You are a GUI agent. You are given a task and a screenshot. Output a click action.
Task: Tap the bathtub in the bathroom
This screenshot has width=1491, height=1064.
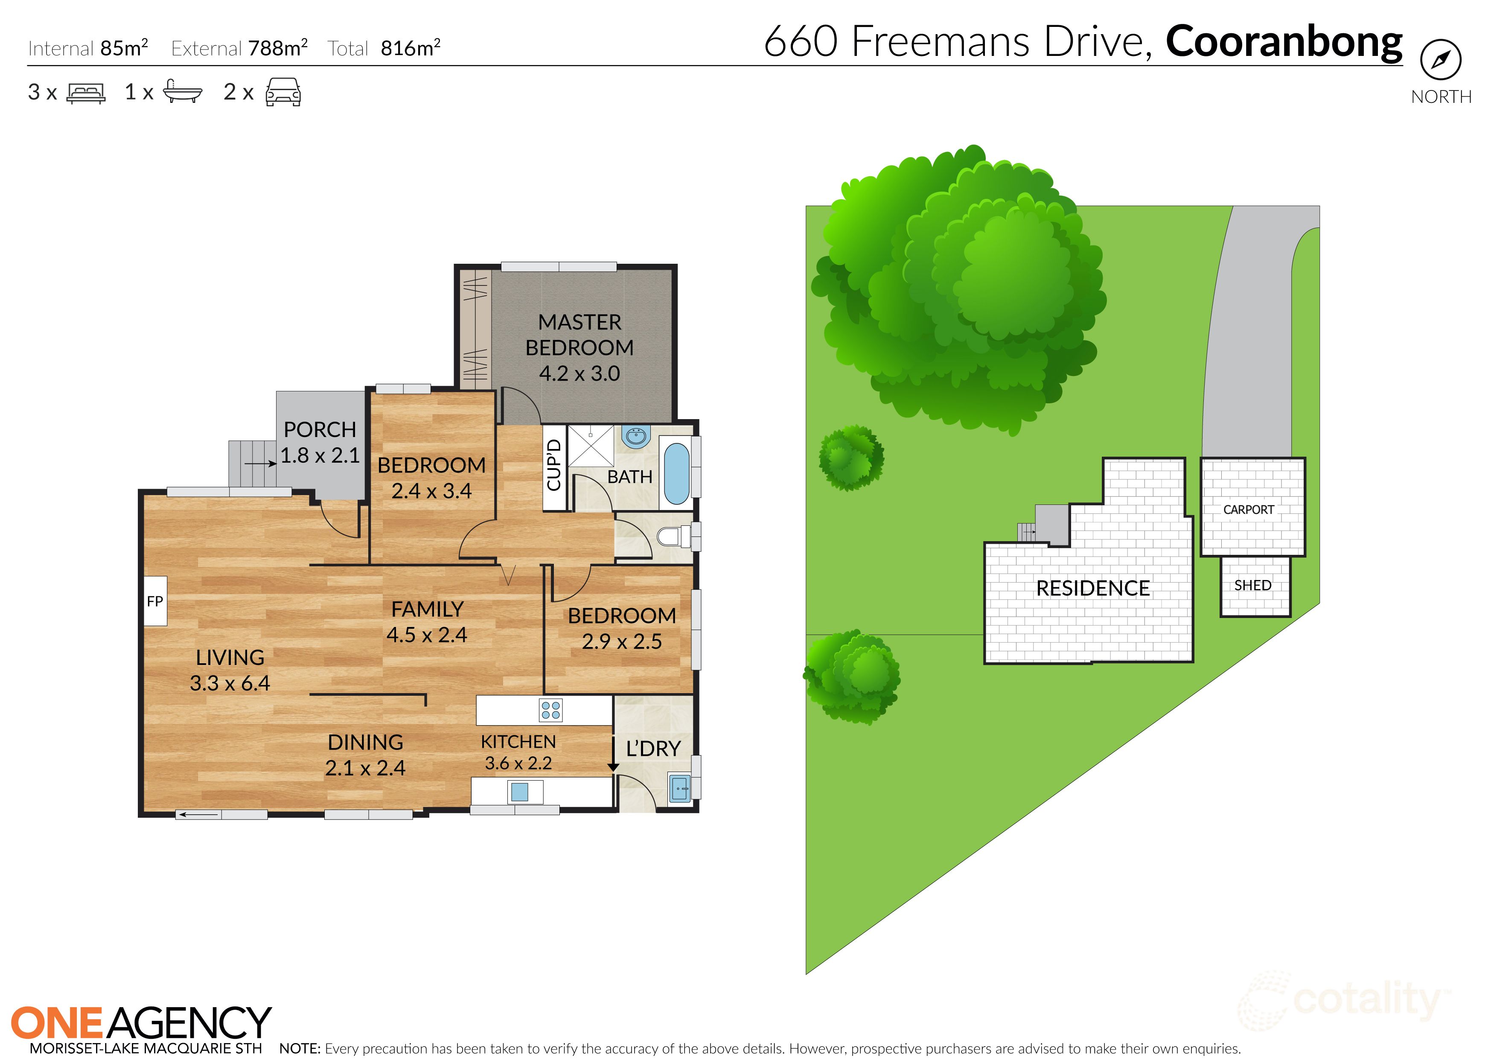[677, 472]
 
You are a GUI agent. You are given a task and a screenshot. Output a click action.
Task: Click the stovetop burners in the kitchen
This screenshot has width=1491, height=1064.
[550, 710]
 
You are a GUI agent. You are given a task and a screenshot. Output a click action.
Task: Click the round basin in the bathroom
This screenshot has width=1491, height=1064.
[635, 436]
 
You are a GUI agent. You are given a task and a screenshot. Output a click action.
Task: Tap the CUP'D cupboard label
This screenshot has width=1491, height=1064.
[554, 465]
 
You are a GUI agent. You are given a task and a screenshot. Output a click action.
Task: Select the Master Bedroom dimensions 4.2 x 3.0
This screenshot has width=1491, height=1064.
[579, 373]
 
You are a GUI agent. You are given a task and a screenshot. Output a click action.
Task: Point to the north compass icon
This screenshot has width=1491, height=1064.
[1441, 60]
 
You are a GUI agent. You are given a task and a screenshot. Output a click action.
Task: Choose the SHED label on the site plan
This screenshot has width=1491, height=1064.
[1252, 585]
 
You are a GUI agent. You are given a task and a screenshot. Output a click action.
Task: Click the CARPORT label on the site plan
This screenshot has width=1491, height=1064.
[1249, 510]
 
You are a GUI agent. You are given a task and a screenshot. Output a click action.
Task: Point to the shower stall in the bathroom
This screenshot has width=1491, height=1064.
[590, 446]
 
